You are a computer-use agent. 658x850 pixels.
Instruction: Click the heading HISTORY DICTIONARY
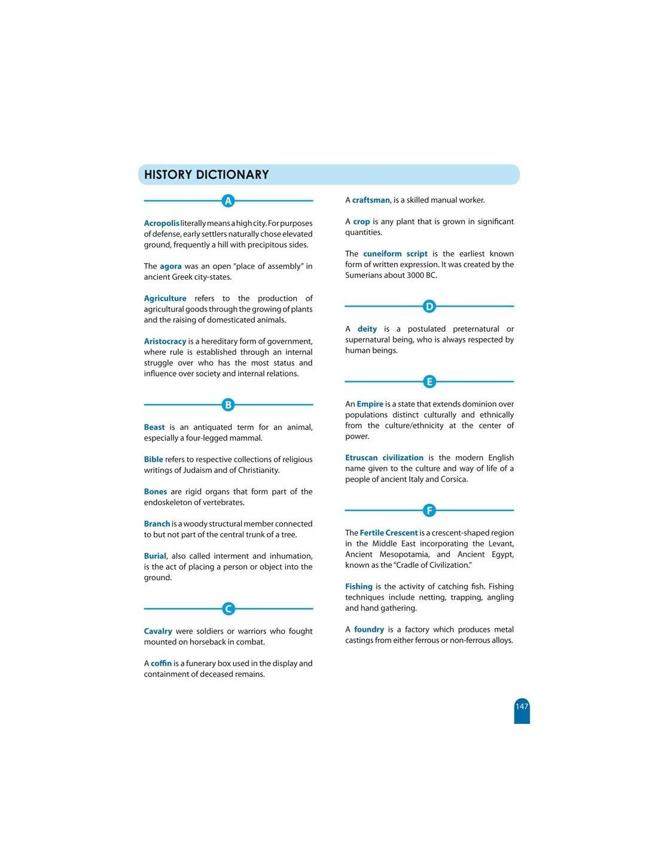click(x=206, y=175)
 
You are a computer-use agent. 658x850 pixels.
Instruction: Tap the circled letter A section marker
click(x=228, y=201)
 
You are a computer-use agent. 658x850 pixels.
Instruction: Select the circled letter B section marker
click(x=228, y=405)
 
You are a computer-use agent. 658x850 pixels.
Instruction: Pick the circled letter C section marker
click(x=228, y=609)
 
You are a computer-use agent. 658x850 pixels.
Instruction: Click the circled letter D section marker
click(x=429, y=307)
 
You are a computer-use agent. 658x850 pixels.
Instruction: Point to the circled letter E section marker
click(x=429, y=381)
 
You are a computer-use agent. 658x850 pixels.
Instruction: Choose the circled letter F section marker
click(x=429, y=510)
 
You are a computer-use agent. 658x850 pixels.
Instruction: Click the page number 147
click(x=522, y=707)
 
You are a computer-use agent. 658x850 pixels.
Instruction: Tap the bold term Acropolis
click(x=162, y=223)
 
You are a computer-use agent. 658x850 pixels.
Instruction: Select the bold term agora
click(x=170, y=266)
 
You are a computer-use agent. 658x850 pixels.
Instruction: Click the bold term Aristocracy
click(x=165, y=341)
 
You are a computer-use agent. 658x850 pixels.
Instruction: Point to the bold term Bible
click(x=153, y=459)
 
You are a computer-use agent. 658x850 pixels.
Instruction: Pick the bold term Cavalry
click(x=158, y=631)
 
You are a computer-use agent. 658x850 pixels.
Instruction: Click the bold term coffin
click(x=161, y=664)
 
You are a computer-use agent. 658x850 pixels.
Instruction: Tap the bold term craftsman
click(x=371, y=200)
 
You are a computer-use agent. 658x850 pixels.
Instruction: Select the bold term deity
click(x=367, y=329)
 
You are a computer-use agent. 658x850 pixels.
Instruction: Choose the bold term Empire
click(x=370, y=404)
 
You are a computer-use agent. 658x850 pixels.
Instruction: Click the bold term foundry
click(x=369, y=629)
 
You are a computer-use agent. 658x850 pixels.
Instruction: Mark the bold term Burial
click(x=155, y=556)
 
